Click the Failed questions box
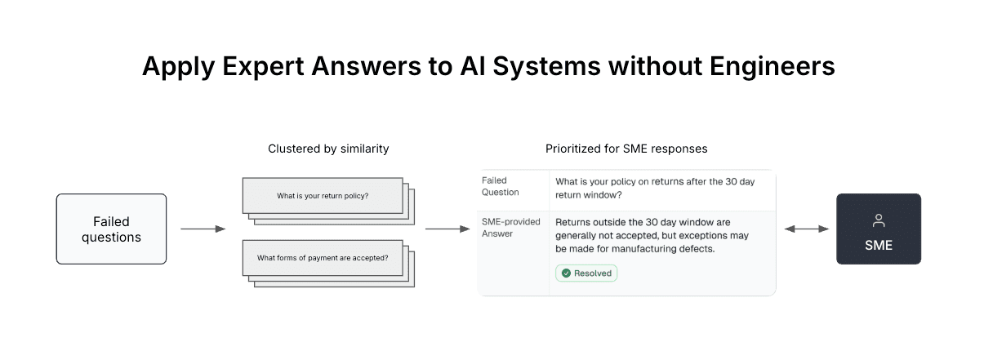[111, 229]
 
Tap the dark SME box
[878, 229]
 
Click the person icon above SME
[879, 220]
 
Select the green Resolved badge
[586, 273]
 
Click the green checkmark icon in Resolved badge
[566, 273]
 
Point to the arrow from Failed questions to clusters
[203, 229]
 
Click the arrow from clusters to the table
[447, 229]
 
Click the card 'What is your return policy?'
[323, 196]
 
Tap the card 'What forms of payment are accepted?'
[323, 258]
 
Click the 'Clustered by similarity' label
[328, 149]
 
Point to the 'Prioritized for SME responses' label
[626, 149]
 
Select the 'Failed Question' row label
[500, 186]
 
